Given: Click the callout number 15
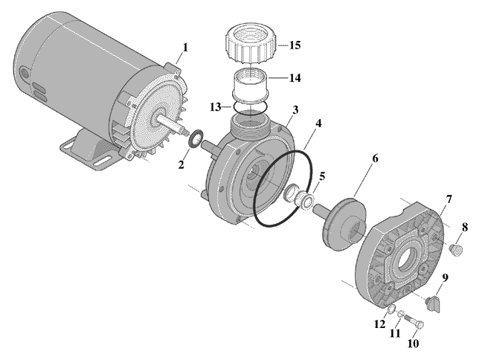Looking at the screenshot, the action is point(295,45).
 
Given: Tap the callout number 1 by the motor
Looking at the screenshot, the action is point(185,48).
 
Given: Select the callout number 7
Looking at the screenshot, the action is point(449,199).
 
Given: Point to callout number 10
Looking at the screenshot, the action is point(413,344).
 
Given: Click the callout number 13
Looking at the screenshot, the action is point(216,107).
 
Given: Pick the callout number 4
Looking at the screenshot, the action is point(318,123).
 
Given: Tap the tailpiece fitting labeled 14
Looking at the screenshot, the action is point(251,86).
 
